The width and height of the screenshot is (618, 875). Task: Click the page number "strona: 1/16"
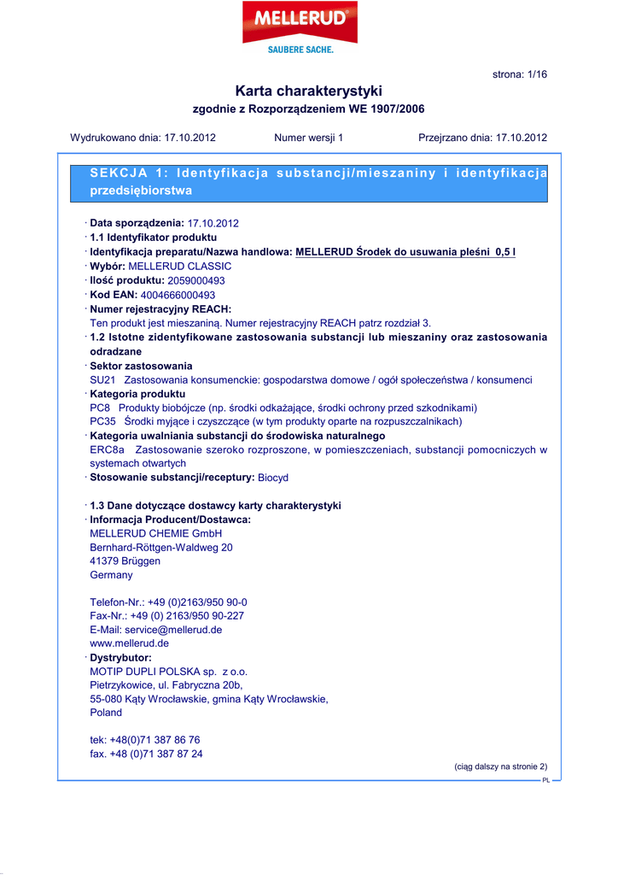(x=520, y=74)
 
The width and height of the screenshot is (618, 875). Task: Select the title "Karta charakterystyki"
(x=308, y=91)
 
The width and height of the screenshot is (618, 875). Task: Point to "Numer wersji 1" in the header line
(x=308, y=138)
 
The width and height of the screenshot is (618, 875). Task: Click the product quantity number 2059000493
(x=196, y=280)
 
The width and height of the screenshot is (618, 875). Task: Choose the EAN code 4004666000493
(x=178, y=295)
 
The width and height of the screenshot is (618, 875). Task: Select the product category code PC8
(x=100, y=408)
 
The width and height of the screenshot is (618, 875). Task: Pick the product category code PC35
(x=102, y=421)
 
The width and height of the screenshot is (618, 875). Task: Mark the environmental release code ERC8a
(x=107, y=449)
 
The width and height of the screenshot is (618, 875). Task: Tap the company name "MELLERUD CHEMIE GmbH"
(x=155, y=533)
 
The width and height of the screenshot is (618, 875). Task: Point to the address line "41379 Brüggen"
(x=125, y=561)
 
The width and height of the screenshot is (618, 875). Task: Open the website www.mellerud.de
(x=129, y=643)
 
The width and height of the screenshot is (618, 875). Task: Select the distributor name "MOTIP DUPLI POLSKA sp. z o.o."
(x=168, y=672)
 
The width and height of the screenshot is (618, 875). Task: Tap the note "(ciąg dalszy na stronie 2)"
(x=500, y=766)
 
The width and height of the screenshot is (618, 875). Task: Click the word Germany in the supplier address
(x=111, y=575)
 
